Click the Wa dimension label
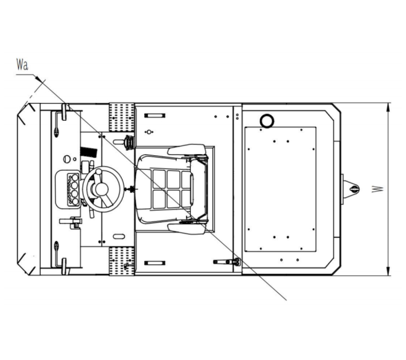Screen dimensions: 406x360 click(22, 64)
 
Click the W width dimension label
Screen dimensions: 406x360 click(378, 189)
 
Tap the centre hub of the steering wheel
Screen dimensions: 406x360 click(101, 189)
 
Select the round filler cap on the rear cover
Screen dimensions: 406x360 click(267, 121)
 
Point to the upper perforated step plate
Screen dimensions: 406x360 click(122, 118)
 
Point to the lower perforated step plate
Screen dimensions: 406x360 click(122, 261)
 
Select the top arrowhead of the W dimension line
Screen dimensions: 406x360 click(388, 107)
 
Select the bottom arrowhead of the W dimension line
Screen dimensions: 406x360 click(388, 271)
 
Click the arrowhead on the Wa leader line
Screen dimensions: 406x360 click(39, 79)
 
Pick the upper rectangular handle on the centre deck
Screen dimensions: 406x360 click(155, 116)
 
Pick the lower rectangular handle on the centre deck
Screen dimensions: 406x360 click(155, 263)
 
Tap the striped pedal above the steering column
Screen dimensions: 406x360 click(88, 152)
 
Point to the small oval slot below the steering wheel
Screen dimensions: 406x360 click(119, 236)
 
